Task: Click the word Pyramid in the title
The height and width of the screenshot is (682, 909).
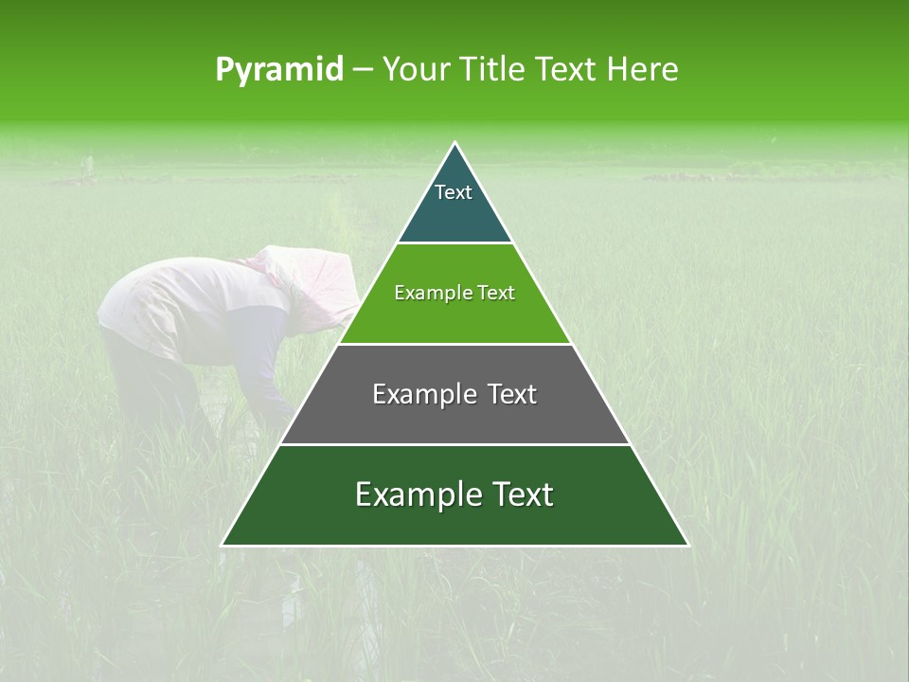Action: [278, 70]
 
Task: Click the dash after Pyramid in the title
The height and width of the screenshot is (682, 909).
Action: [363, 70]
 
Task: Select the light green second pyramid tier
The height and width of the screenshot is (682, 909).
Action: [454, 313]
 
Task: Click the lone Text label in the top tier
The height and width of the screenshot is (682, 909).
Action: [454, 192]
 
